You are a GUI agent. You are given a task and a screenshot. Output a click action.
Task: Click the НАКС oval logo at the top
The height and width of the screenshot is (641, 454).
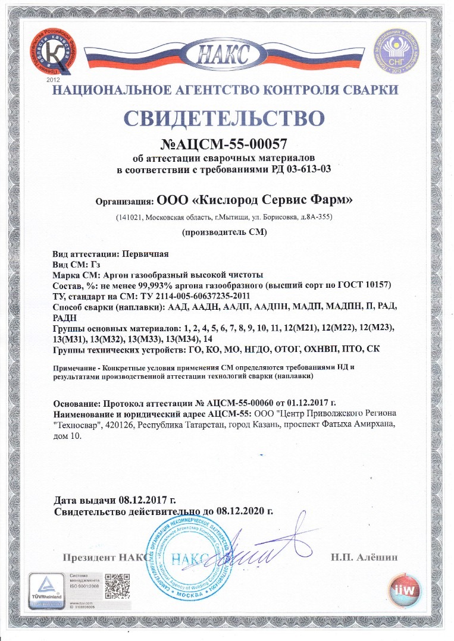[x=227, y=56]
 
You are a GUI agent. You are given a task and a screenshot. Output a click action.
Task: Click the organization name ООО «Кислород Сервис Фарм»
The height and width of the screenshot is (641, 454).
[x=254, y=200]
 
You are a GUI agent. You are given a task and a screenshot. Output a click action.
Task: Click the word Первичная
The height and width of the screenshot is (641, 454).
[x=145, y=254]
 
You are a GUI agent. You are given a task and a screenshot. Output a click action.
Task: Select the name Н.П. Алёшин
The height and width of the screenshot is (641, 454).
[x=364, y=557]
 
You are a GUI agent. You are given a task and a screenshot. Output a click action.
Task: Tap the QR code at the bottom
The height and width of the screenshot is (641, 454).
[x=117, y=586]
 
